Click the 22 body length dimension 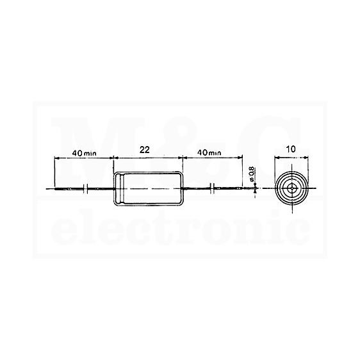145,150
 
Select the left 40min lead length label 85,153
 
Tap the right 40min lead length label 209,152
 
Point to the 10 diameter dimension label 291,149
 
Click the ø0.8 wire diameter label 251,174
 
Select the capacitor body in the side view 148,188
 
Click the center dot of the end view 292,188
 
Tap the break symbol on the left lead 85,189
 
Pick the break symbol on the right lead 212,188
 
